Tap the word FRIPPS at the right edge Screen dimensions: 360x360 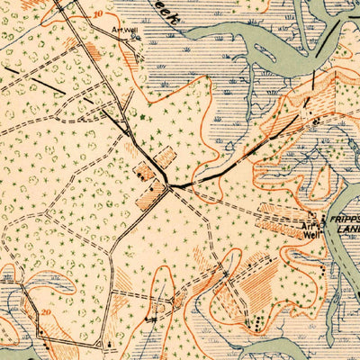click(x=346, y=218)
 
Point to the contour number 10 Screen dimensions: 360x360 click(x=96, y=16)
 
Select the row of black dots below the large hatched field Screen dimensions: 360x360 click(x=257, y=319)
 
